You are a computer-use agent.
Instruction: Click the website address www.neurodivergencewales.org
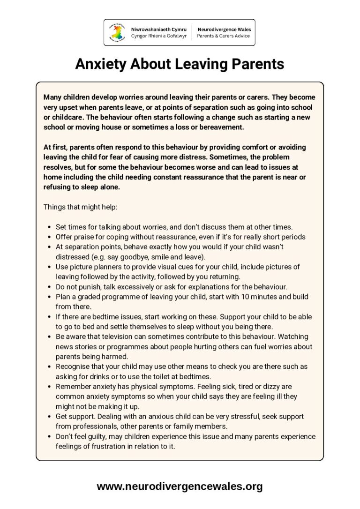[x=180, y=487]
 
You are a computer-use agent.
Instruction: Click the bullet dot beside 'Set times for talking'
[x=49, y=227]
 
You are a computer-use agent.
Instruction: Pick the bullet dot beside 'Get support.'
[x=49, y=416]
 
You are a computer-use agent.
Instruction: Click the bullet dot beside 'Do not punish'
[x=49, y=286]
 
